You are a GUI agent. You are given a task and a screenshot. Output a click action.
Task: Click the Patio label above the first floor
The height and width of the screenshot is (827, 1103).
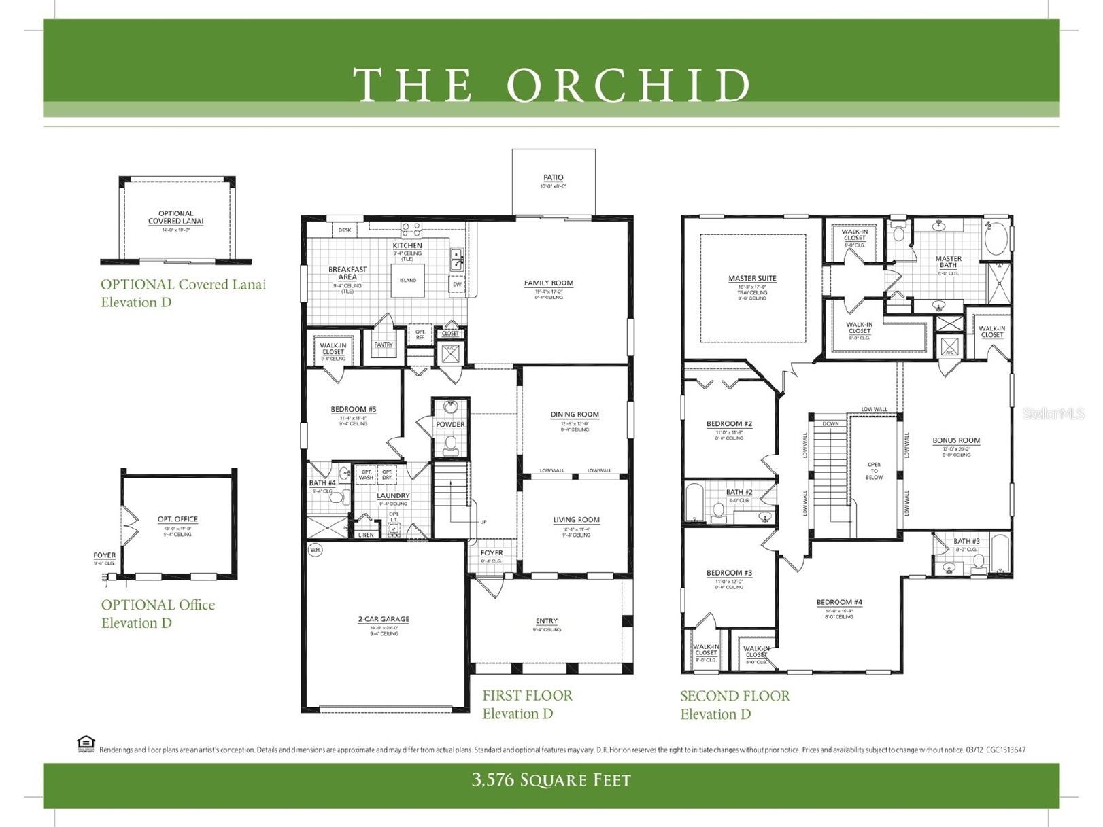click(553, 177)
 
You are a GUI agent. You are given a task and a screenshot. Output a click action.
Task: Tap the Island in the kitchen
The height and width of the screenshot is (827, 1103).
click(407, 280)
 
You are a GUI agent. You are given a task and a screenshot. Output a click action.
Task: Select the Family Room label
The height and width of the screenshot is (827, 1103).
click(548, 283)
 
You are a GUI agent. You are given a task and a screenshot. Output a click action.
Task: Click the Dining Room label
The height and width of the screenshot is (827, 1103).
click(575, 415)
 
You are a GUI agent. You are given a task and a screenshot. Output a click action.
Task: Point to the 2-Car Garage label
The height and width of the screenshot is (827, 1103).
click(384, 620)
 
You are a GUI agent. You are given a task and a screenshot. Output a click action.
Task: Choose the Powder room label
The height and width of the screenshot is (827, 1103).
click(450, 425)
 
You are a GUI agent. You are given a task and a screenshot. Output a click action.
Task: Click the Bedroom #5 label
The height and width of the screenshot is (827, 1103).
click(354, 410)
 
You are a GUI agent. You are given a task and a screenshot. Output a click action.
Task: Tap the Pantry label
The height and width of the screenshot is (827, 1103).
click(384, 345)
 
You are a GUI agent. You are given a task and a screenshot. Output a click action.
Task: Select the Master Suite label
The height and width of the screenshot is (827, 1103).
click(752, 279)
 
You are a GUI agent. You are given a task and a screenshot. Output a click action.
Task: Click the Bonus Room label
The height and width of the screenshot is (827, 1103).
click(956, 441)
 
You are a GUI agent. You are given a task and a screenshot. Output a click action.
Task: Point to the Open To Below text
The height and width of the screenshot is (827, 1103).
click(874, 471)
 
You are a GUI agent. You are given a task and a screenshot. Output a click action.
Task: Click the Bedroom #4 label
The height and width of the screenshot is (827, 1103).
click(839, 603)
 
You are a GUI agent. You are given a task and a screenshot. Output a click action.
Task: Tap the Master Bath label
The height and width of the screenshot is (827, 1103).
click(948, 262)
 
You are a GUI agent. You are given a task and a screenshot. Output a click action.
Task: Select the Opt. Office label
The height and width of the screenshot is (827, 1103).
click(177, 519)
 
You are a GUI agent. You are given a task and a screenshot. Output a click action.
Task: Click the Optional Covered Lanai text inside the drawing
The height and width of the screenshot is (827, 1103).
click(175, 217)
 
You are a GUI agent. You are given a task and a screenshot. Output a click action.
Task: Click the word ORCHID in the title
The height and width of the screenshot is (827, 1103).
click(628, 85)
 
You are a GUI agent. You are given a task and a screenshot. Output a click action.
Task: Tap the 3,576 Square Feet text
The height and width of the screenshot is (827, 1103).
click(551, 780)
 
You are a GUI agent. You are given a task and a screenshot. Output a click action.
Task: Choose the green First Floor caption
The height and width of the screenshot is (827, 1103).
click(527, 696)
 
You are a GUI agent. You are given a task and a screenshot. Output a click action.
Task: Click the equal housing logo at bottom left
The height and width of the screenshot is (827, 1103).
click(86, 743)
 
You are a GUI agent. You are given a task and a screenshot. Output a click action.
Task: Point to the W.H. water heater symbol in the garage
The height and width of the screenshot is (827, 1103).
click(315, 549)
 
